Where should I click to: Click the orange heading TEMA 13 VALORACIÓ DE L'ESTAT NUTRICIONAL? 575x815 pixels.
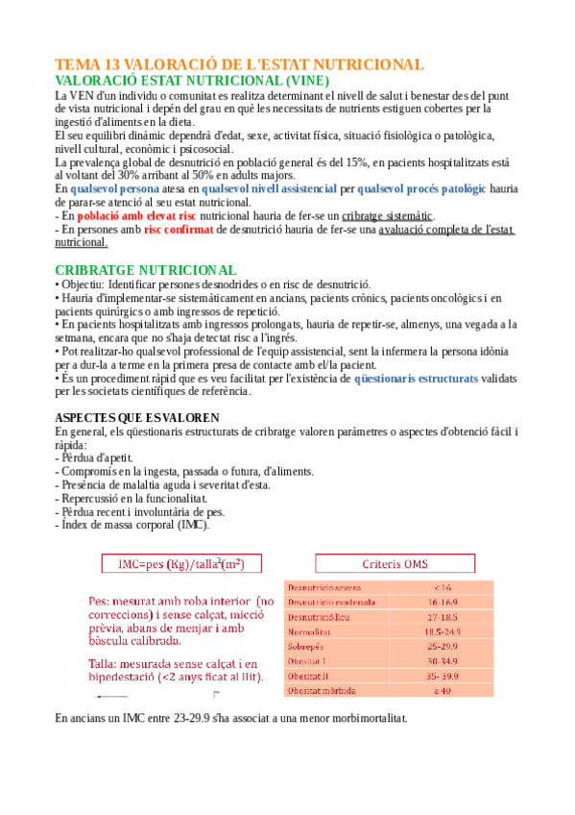(x=239, y=64)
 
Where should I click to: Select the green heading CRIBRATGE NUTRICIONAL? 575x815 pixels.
(x=145, y=270)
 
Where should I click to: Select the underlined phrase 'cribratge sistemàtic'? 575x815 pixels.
(x=388, y=216)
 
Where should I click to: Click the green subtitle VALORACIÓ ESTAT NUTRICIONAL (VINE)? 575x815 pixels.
(x=192, y=81)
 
